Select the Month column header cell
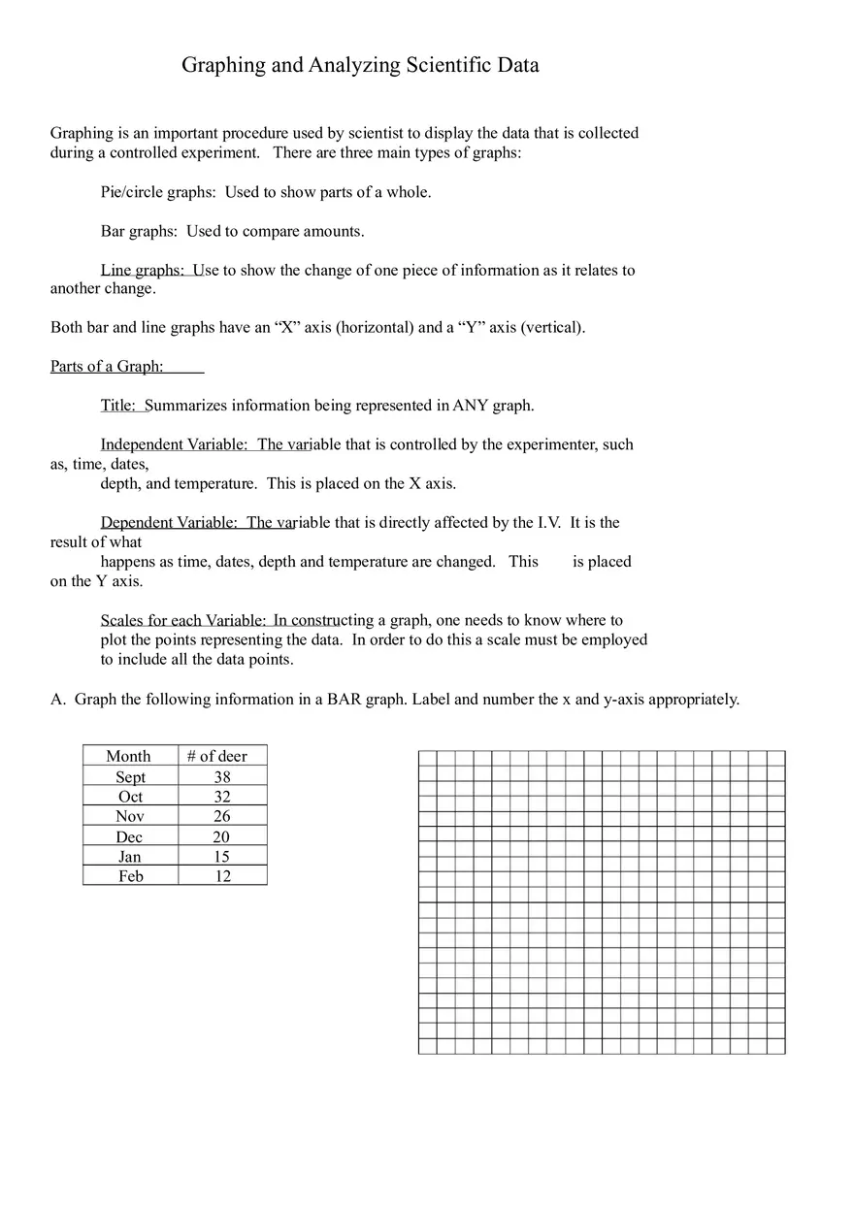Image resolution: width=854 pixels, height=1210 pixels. click(x=129, y=756)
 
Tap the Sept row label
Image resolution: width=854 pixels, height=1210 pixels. click(x=130, y=776)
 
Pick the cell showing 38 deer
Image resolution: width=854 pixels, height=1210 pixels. click(x=222, y=776)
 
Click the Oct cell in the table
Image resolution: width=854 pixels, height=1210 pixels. click(x=130, y=797)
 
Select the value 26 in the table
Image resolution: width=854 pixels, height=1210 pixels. click(x=222, y=816)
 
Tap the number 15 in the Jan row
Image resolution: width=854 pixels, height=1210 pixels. click(x=221, y=857)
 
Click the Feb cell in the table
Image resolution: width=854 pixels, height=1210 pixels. click(x=130, y=876)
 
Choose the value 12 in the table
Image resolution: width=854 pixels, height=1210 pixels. click(x=222, y=876)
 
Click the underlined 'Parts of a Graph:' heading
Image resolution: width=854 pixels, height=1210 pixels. click(x=107, y=366)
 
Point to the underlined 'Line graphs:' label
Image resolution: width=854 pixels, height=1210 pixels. click(x=142, y=270)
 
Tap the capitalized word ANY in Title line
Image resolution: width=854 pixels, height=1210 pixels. click(x=470, y=406)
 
